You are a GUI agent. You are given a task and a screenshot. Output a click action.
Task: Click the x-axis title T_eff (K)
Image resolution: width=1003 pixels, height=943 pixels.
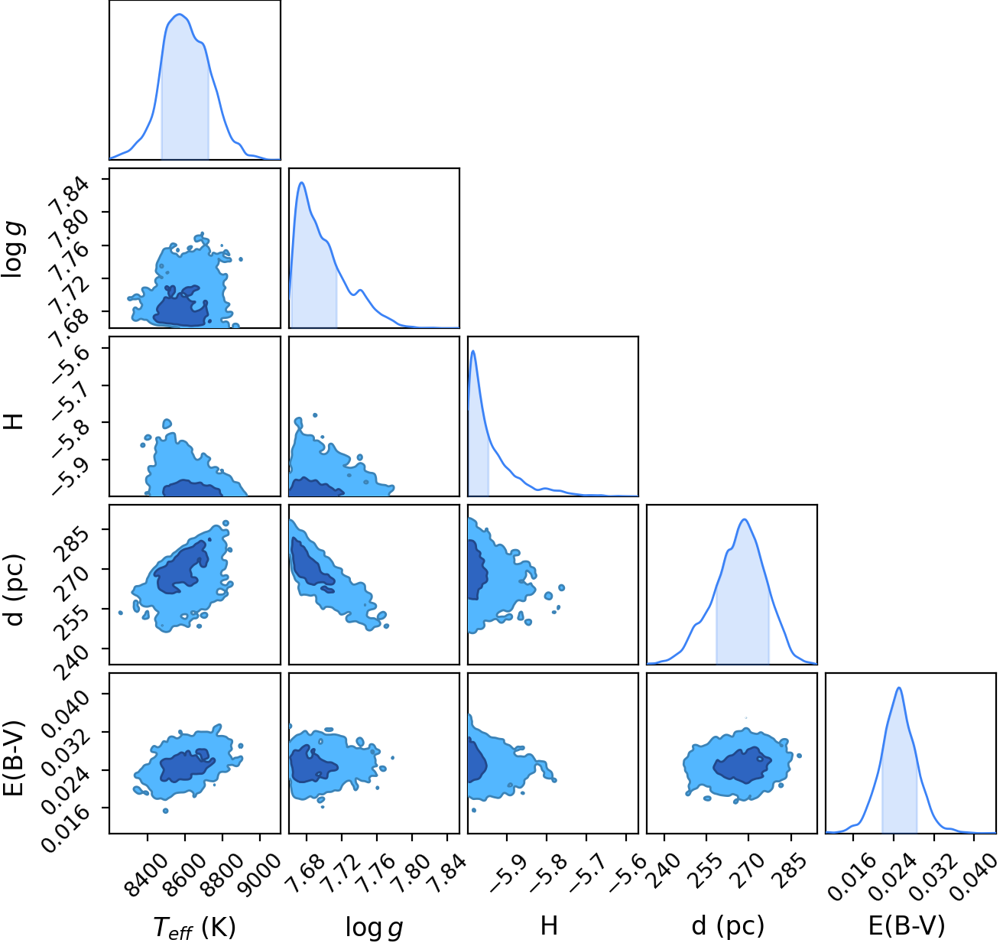tap(194, 928)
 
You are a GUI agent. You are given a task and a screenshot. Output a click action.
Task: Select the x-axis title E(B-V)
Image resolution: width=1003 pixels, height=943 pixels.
tap(907, 926)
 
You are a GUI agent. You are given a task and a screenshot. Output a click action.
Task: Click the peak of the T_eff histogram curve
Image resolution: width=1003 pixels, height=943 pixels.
tap(180, 15)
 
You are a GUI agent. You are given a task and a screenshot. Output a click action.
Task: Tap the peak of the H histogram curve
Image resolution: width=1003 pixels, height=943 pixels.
tap(473, 351)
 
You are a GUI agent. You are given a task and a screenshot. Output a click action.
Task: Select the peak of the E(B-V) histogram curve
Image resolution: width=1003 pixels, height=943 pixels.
tap(899, 688)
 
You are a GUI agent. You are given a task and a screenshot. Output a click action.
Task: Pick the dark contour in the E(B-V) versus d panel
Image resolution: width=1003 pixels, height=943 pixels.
tap(742, 765)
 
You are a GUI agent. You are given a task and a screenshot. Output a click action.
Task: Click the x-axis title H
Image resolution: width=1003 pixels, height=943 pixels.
tap(549, 926)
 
